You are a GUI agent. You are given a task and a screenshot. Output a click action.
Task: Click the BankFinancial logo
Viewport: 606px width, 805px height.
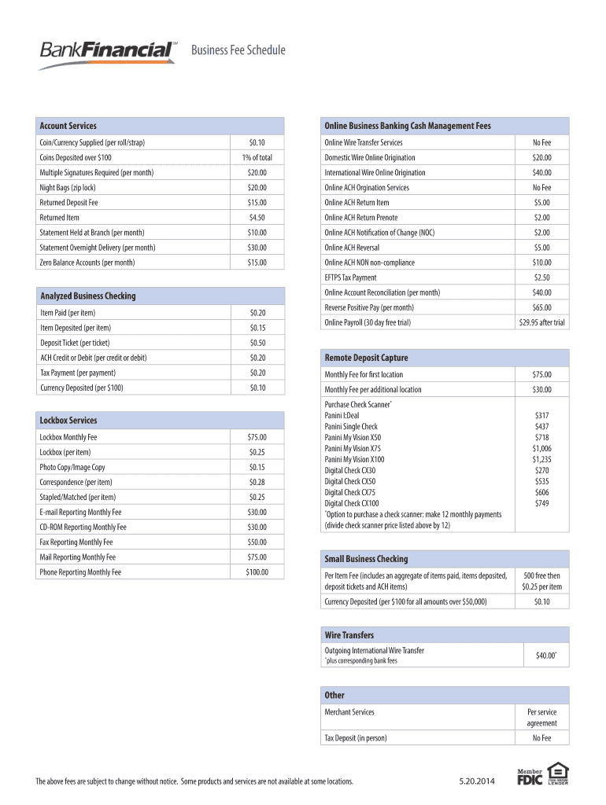109,52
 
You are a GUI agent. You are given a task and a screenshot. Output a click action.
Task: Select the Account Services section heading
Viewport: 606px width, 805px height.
68,126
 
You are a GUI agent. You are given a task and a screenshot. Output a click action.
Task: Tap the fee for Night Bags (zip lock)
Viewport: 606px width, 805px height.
257,188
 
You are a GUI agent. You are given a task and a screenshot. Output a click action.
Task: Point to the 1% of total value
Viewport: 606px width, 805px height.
257,158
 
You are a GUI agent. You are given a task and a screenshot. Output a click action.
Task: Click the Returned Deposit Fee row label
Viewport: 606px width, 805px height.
69,203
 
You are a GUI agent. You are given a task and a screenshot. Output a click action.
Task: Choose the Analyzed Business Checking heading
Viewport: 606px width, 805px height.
88,296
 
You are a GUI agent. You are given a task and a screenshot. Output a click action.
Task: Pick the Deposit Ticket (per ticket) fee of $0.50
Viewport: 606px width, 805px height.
257,343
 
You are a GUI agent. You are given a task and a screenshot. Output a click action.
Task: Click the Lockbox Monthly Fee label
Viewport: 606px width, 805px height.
68,437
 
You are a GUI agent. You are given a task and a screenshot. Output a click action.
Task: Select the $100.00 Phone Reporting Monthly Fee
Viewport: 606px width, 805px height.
257,572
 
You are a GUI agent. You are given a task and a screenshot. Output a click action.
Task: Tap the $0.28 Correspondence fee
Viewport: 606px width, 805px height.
257,482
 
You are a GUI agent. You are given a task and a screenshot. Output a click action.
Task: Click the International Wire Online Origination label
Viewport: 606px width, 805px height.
375,173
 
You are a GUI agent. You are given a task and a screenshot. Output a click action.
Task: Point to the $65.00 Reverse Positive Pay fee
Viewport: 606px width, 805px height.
541,307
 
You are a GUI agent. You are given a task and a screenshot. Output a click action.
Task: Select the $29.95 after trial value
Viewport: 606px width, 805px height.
541,322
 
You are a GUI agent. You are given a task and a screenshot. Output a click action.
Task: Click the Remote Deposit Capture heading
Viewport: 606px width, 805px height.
366,358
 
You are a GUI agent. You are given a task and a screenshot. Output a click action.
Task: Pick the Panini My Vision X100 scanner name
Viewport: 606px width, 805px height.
354,459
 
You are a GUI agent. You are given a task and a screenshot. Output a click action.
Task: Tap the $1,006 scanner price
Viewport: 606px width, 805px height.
541,448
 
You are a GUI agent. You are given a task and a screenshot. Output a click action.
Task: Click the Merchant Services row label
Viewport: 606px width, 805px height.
349,712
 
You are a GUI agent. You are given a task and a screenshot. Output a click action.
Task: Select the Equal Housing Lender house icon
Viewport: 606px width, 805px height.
557,770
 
